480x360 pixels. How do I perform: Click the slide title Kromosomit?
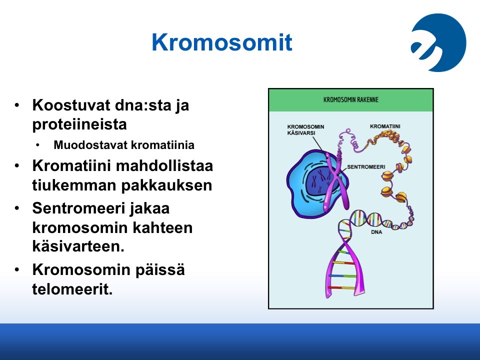tap(222, 42)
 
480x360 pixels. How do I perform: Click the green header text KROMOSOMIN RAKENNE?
tap(351, 100)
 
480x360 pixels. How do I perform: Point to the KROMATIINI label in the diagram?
tap(385, 126)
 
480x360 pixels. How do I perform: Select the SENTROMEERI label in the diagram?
tap(366, 167)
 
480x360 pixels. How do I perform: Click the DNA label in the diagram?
tap(376, 232)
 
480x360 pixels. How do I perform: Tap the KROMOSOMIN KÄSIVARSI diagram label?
tap(305, 130)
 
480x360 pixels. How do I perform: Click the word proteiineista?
tap(79, 124)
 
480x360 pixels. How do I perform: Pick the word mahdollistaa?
tap(164, 166)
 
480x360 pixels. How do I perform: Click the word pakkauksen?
tap(166, 185)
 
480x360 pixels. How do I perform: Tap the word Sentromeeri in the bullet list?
tap(79, 208)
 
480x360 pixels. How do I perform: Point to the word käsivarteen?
tap(78, 246)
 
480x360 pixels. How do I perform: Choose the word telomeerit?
tap(72, 289)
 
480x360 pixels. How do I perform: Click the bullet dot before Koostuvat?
tap(17, 105)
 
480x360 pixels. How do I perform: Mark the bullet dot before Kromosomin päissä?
tap(17, 269)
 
